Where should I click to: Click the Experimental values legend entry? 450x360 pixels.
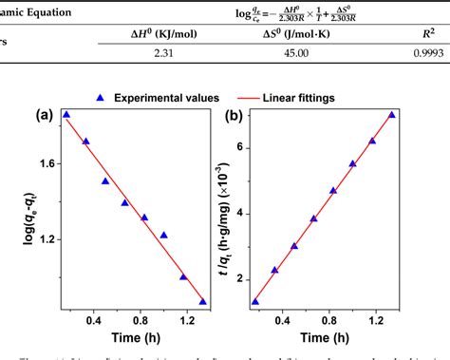coord(159,97)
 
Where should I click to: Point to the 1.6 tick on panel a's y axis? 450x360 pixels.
coord(47,162)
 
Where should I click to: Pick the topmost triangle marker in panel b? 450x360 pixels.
coord(392,115)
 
